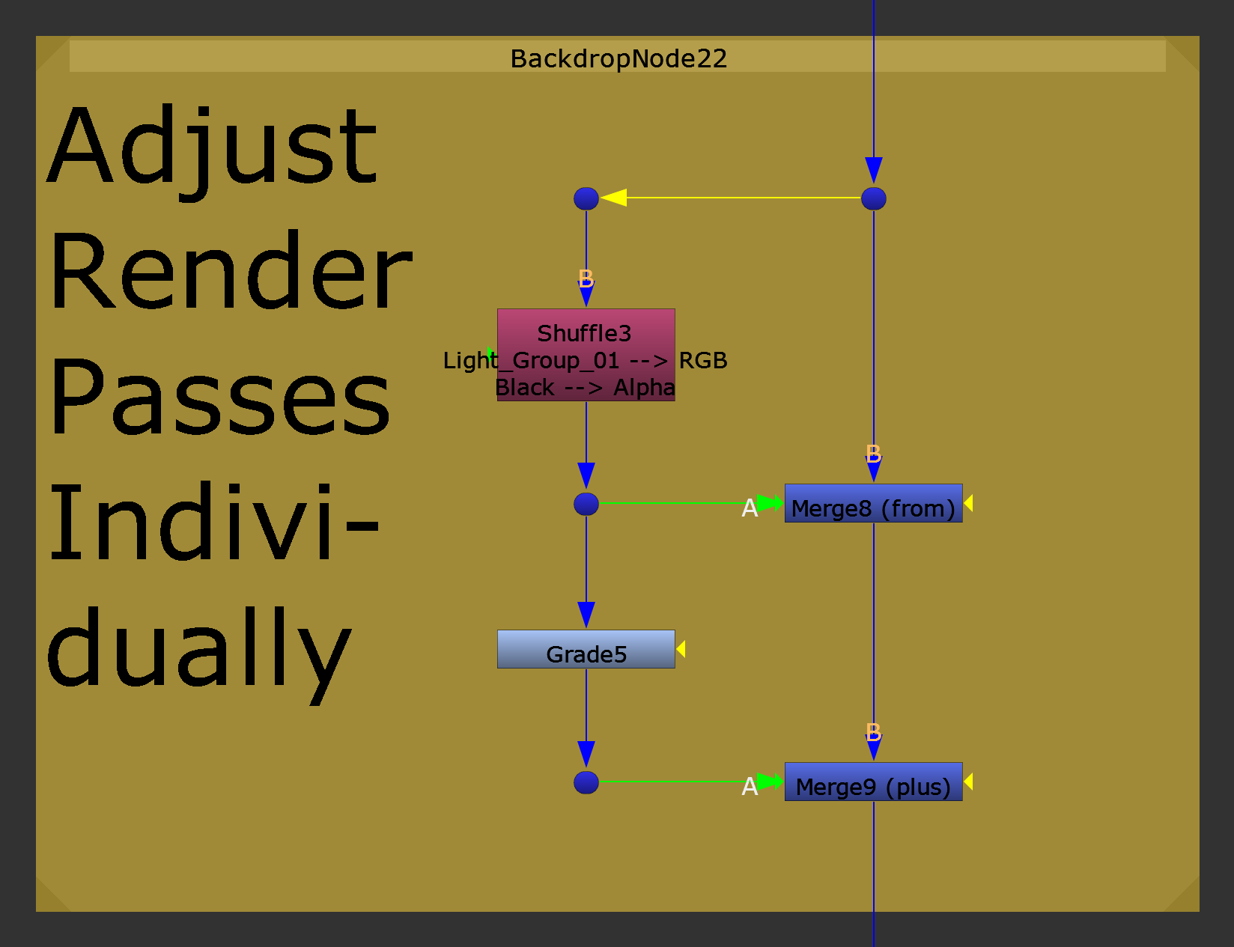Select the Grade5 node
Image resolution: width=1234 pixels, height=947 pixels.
(x=586, y=649)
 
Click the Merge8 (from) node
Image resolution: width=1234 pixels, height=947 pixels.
(x=873, y=503)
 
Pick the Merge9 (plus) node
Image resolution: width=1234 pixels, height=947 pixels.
(x=873, y=782)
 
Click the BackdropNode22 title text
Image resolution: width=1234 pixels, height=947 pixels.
(x=618, y=58)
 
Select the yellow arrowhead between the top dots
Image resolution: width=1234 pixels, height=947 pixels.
(x=613, y=198)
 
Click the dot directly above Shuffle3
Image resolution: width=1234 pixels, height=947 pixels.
(x=586, y=198)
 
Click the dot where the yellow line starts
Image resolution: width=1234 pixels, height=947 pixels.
(x=873, y=198)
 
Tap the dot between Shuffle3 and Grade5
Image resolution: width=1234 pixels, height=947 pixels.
(x=586, y=504)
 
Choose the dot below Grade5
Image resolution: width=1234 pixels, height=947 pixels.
(x=586, y=782)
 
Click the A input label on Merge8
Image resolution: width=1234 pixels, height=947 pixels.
(x=750, y=508)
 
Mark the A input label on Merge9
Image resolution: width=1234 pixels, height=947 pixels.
(x=750, y=787)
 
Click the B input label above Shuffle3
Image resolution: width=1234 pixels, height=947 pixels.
(x=586, y=279)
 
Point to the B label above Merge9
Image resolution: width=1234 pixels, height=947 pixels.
(x=873, y=732)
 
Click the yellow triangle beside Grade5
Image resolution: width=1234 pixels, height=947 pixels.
(x=681, y=649)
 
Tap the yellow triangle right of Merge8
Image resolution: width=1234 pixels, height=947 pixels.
(x=968, y=503)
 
